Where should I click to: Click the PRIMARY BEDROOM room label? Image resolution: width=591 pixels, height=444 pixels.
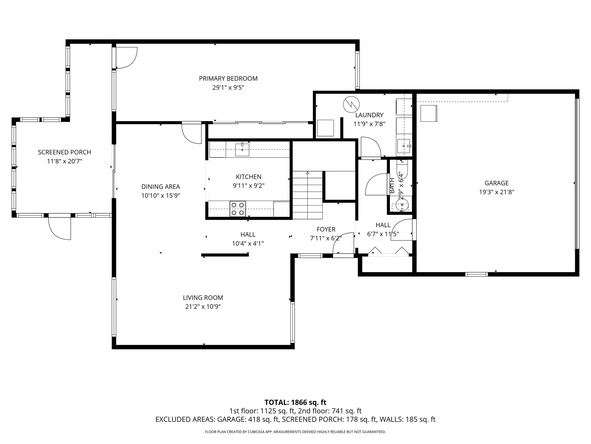coord(228,78)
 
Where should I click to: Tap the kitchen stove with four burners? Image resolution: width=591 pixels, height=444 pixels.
coord(237,209)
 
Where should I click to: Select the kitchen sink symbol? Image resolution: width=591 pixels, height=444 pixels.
coord(242,149)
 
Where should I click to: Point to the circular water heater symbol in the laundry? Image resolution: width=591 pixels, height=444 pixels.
coord(351,104)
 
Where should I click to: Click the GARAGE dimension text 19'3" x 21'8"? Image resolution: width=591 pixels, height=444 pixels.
coord(496,192)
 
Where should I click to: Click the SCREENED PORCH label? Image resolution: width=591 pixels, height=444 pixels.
coord(64,152)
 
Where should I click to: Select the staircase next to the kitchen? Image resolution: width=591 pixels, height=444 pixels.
coord(307,195)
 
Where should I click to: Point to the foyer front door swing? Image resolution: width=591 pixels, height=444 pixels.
coord(343,244)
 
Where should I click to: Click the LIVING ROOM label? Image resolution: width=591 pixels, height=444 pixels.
coord(203,297)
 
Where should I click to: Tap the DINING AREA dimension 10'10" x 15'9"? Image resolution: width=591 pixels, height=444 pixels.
coord(160,196)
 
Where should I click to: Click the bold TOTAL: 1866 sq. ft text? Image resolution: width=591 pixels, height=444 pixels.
coord(295,402)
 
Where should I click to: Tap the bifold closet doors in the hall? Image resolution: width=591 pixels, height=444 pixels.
coord(388,251)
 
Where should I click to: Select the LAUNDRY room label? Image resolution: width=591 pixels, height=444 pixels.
coord(369,115)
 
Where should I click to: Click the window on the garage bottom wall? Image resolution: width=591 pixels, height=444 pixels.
coord(476,274)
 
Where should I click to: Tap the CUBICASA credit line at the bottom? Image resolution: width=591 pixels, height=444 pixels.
coord(295,432)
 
